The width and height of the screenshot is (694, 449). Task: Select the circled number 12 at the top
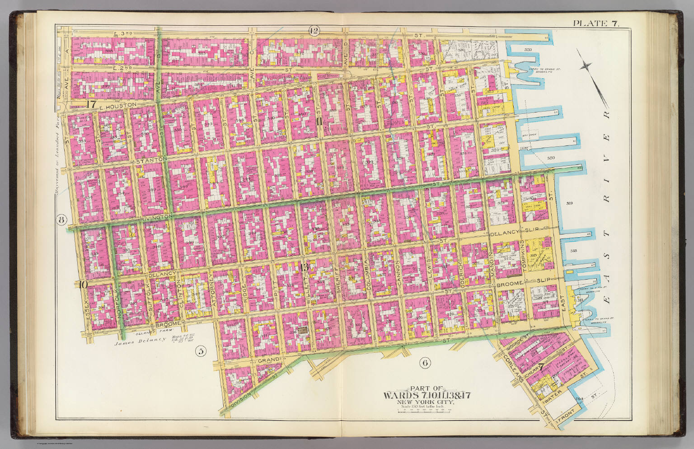[314, 31]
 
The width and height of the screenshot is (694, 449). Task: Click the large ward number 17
[91, 104]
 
